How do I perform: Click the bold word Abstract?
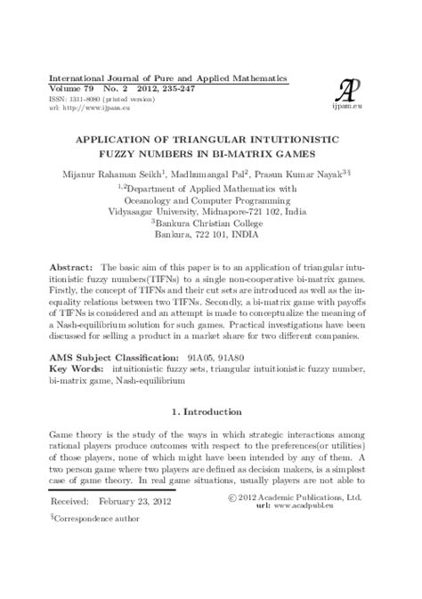click(x=70, y=268)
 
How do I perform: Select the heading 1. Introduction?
click(x=210, y=412)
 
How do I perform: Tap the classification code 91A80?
click(x=264, y=355)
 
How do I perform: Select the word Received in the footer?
click(x=68, y=526)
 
